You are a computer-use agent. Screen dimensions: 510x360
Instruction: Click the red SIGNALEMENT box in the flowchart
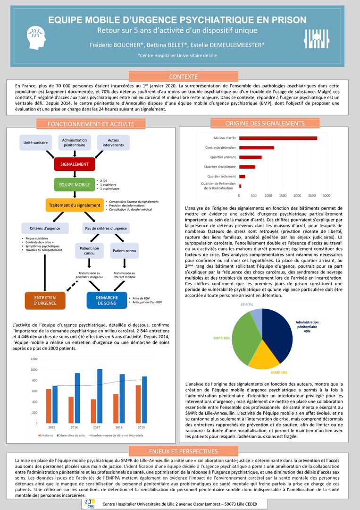pyautogui.click(x=74, y=164)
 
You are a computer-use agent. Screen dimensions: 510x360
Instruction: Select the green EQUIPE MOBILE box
pyautogui.click(x=74, y=184)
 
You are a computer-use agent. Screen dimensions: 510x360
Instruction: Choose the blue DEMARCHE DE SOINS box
pyautogui.click(x=107, y=300)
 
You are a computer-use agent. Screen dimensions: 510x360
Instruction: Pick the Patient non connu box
pyautogui.click(x=89, y=250)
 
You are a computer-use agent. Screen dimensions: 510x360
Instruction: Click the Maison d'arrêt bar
pyautogui.click(x=278, y=138)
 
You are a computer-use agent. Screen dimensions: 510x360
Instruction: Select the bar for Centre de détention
pyautogui.click(x=256, y=148)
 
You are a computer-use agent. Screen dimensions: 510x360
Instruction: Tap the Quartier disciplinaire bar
pyautogui.click(x=247, y=167)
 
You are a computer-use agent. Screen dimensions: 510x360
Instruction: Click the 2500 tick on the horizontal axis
pyautogui.click(x=312, y=195)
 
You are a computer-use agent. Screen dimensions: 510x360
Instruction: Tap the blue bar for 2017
pyautogui.click(x=100, y=396)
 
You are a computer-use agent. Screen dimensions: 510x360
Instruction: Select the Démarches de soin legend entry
pyautogui.click(x=72, y=434)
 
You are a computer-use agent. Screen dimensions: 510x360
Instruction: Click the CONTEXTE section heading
pyautogui.click(x=183, y=76)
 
